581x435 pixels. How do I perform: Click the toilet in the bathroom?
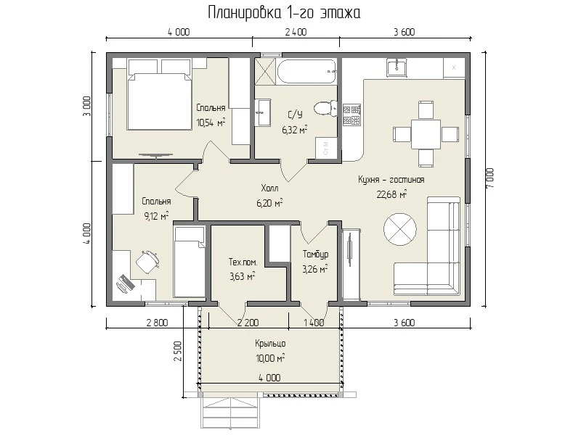tap(325, 108)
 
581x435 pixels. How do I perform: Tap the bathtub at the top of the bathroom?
tap(306, 70)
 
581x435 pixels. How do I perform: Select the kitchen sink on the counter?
tap(397, 67)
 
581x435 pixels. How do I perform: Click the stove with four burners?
tap(352, 115)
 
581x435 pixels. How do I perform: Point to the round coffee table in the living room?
tap(400, 229)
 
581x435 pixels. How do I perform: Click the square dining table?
tap(426, 134)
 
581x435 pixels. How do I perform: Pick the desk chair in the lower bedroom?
tap(148, 261)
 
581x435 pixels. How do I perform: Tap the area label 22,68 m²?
tap(392, 194)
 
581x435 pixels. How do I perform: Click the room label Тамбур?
tap(315, 254)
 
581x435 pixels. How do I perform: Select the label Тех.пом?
tap(243, 262)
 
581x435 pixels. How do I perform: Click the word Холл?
tap(269, 188)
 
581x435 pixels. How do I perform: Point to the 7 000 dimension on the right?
tap(490, 178)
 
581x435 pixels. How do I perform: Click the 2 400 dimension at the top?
tap(296, 32)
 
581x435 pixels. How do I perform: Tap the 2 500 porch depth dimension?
tap(178, 351)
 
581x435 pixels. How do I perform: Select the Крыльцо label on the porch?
tap(270, 344)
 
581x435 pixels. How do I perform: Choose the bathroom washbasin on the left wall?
tap(263, 112)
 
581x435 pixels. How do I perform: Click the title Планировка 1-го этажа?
tap(284, 13)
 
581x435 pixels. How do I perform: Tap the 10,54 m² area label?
tap(211, 123)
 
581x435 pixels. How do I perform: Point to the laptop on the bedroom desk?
tap(125, 283)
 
